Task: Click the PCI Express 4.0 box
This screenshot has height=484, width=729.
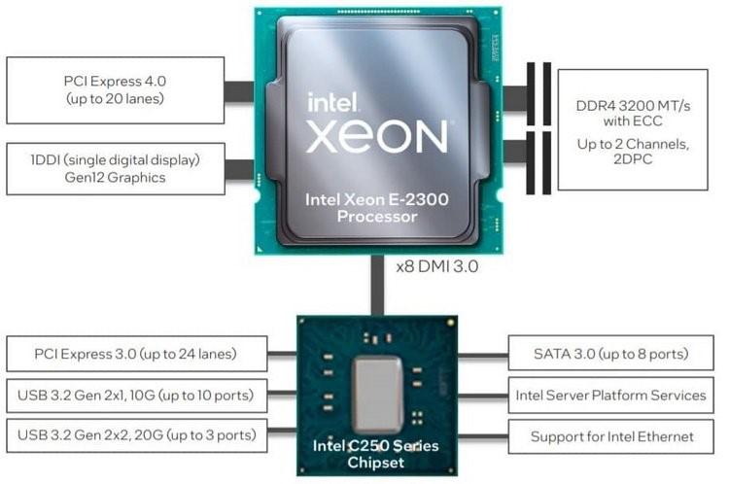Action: click(x=116, y=90)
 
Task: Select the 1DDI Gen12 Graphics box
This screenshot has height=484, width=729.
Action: click(x=116, y=169)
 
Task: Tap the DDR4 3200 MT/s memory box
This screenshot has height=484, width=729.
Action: click(x=633, y=129)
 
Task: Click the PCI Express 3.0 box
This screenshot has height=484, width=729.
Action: click(x=137, y=354)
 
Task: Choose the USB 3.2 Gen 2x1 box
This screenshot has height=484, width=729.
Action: click(x=137, y=396)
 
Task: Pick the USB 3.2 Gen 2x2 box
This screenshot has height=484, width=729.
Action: click(x=137, y=435)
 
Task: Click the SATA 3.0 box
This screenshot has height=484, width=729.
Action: click(x=611, y=354)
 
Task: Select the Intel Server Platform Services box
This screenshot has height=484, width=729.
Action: click(x=611, y=396)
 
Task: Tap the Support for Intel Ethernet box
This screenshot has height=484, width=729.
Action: click(x=611, y=437)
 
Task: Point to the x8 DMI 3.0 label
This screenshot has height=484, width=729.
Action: click(x=437, y=266)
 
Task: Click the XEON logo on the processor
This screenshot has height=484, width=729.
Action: click(x=376, y=136)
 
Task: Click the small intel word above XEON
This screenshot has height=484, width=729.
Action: click(x=332, y=101)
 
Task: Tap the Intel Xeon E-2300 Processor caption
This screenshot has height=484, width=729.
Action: click(x=377, y=208)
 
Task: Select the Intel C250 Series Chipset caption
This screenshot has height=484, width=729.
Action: click(x=375, y=454)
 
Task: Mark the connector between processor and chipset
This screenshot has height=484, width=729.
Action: click(x=377, y=285)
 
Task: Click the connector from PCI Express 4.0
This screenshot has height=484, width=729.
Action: click(x=239, y=91)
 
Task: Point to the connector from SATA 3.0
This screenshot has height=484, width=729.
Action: click(x=483, y=355)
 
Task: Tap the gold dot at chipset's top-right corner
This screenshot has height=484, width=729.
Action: click(x=450, y=323)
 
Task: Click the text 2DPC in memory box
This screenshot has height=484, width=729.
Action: click(x=633, y=159)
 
